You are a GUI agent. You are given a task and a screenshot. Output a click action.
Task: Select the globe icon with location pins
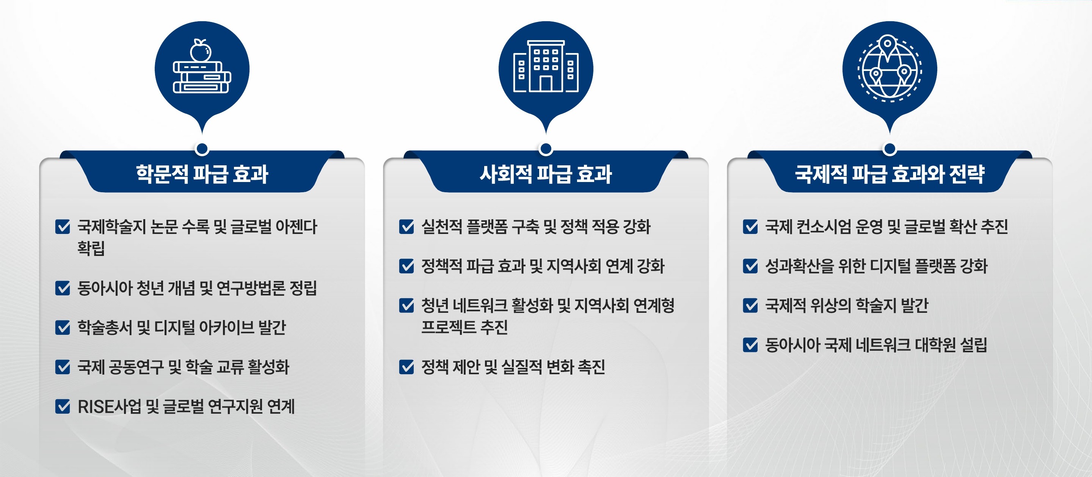point(890,68)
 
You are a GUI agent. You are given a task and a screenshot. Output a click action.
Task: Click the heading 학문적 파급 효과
point(202,174)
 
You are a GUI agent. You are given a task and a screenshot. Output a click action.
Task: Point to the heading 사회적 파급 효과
point(546,174)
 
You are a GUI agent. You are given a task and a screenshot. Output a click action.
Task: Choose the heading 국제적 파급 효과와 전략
point(890,174)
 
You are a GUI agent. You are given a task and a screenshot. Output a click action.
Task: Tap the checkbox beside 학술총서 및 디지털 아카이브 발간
point(63,327)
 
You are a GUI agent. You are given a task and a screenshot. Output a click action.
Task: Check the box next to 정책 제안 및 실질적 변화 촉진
point(406,367)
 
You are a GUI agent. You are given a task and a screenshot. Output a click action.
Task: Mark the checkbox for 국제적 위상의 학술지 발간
point(750,305)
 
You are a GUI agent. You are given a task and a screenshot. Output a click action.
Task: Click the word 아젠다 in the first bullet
point(296,227)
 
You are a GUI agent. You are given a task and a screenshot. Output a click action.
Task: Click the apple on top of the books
point(200,51)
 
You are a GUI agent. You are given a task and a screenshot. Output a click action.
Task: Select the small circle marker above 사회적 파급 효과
point(546,149)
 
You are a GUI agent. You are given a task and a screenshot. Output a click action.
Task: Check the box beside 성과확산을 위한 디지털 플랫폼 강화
point(750,266)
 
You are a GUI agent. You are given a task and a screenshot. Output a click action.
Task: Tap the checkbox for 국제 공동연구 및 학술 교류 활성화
point(63,367)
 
